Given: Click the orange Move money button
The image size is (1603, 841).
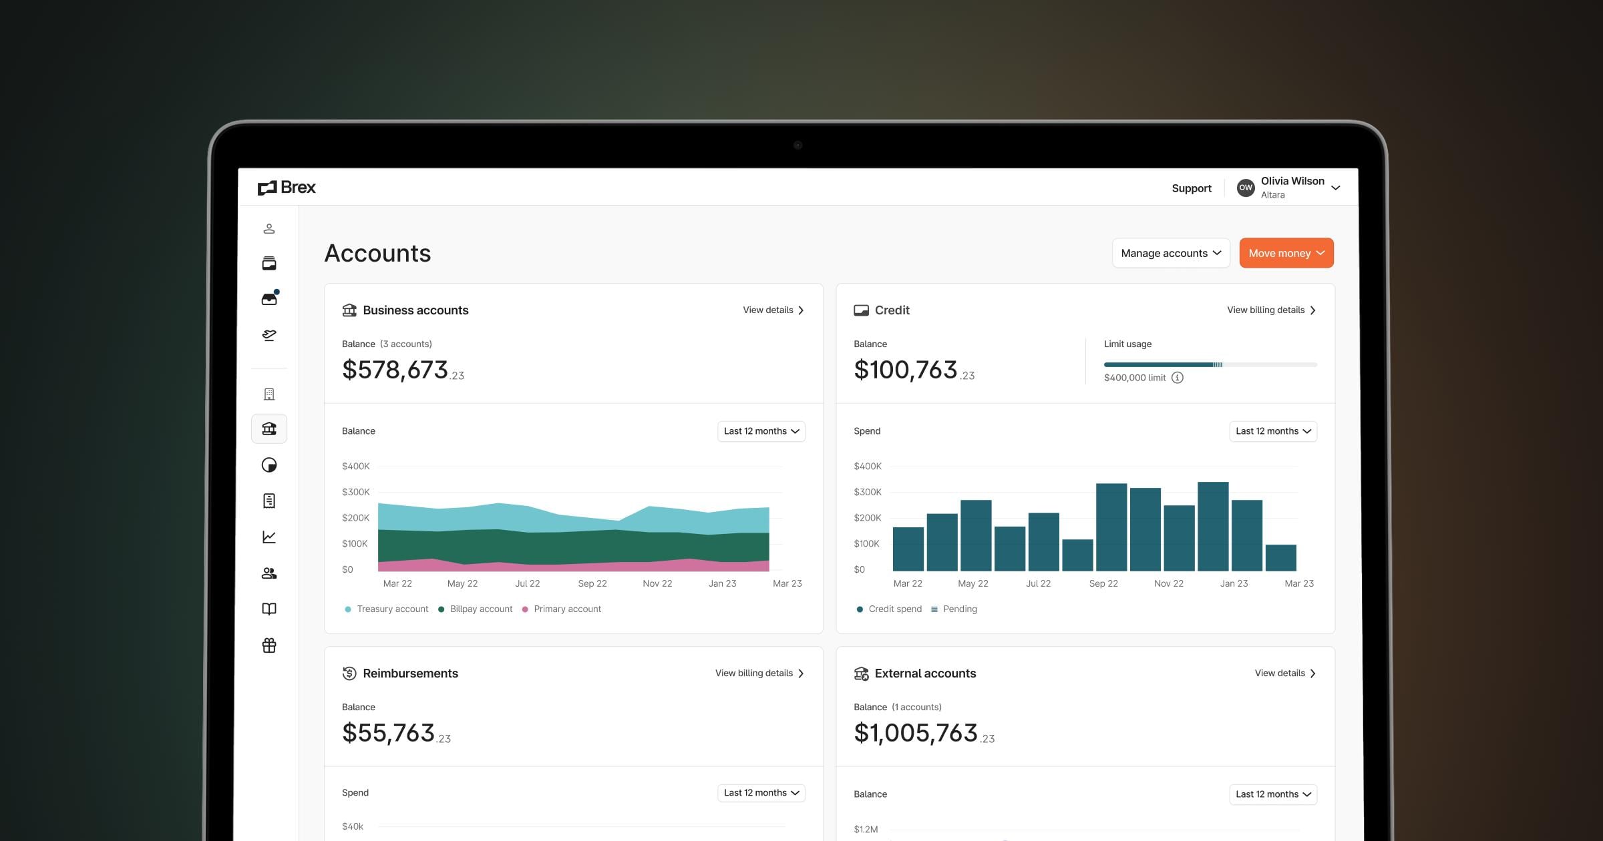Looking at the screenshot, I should coord(1286,253).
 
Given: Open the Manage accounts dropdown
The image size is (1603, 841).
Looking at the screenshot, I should coord(1170,253).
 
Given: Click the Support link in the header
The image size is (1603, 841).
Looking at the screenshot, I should coord(1191,188).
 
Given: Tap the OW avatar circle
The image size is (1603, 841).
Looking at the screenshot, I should coord(1245,188).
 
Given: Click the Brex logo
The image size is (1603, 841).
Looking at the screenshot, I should coord(287,188).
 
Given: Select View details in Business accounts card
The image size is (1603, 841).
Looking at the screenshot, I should coord(773,310).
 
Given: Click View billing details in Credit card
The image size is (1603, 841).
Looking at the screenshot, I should coord(1271,310).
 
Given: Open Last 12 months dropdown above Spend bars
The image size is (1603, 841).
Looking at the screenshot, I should coord(1272,431).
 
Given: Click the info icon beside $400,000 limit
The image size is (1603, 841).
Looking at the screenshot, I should coord(1178,378).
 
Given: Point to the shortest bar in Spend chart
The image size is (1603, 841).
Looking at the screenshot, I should coord(1077,555).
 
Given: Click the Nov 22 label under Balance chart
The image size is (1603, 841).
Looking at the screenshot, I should coord(657,583).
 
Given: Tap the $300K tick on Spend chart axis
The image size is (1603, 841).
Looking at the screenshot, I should coord(867,492).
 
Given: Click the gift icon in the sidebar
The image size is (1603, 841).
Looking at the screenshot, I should coord(269,645).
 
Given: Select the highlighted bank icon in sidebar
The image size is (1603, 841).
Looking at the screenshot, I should coord(269,429).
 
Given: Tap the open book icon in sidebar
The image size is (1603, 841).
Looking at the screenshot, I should coord(269,609).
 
